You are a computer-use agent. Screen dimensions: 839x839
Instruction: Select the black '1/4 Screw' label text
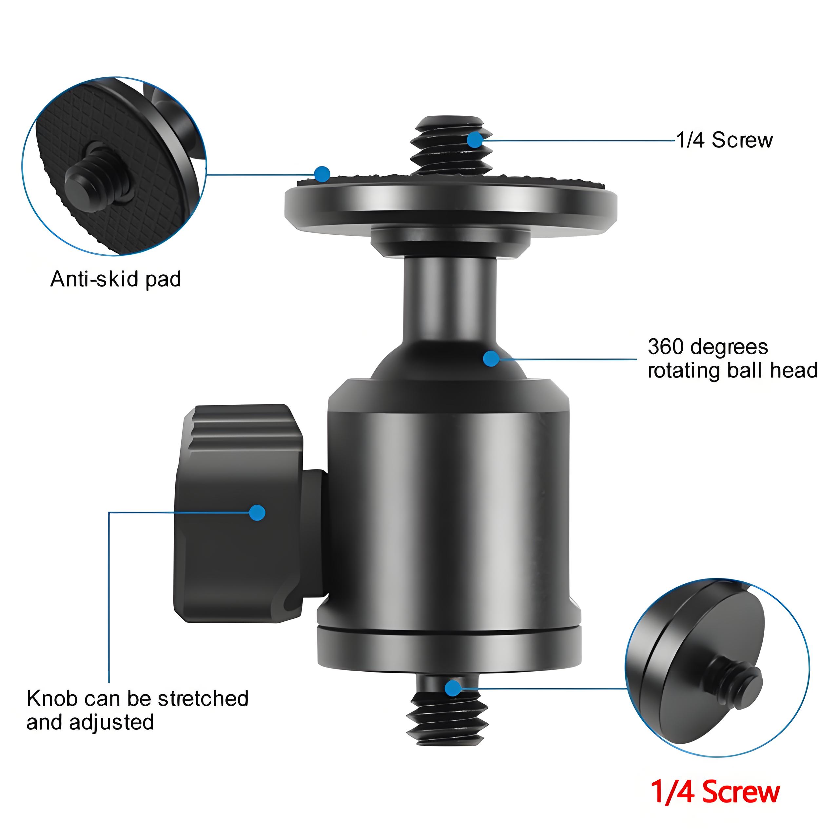[x=724, y=140]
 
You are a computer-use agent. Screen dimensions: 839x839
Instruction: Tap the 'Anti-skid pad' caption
[x=115, y=279]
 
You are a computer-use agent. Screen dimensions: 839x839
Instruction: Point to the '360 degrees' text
[x=708, y=347]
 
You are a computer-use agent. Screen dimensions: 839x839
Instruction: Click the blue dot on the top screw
[x=475, y=140]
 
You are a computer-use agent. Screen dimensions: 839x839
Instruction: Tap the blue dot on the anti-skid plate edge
[x=322, y=174]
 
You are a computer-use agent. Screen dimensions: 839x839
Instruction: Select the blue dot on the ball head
[x=491, y=358]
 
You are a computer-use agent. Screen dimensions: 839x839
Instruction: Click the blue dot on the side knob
[x=257, y=513]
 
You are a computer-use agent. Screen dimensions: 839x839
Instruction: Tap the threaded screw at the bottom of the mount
[x=447, y=716]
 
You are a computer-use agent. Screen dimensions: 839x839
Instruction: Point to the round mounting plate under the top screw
[x=450, y=204]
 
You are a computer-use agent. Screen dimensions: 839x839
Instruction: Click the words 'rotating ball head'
[x=732, y=370]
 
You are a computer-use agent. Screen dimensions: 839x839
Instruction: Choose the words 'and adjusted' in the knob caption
[x=90, y=722]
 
